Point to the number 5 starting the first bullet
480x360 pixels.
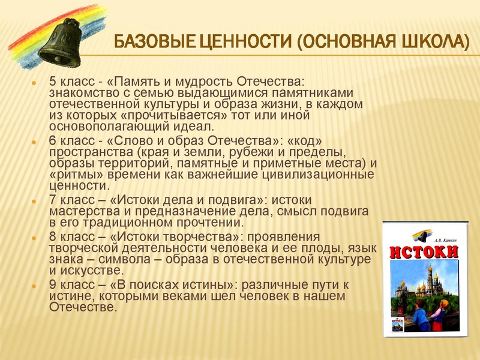(x=52, y=81)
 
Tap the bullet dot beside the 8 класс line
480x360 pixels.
(x=34, y=236)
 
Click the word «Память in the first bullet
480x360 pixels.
(x=136, y=81)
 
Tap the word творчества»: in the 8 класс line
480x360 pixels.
(x=206, y=236)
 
